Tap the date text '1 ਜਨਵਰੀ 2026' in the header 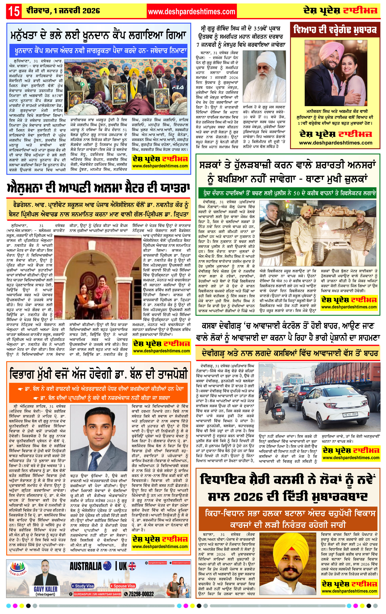(x=77, y=11)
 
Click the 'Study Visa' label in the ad (x=83, y=586)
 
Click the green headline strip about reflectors (x=287, y=193)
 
